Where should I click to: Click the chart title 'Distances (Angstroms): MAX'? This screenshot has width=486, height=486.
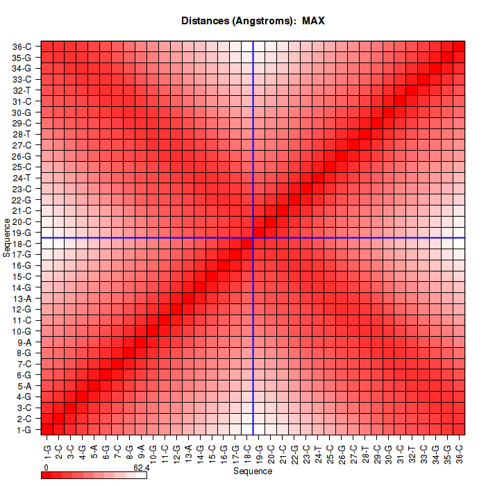[253, 21]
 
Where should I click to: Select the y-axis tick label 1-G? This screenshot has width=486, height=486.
[22, 429]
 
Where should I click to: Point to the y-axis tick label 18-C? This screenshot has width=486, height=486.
[22, 243]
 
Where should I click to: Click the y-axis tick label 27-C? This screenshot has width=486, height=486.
[22, 145]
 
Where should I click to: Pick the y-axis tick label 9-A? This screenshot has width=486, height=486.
[22, 342]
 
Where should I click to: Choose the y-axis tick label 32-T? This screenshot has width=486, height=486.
[22, 90]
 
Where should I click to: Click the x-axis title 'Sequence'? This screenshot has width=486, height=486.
[253, 471]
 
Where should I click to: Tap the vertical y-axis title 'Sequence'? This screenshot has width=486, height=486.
[6, 237]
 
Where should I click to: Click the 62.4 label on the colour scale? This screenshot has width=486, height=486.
[142, 468]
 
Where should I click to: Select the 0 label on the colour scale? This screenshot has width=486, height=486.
[45, 468]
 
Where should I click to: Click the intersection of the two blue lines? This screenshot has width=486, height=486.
[253, 238]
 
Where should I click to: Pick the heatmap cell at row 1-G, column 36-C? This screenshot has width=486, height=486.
[459, 429]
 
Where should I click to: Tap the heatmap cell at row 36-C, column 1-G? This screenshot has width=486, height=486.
[47, 47]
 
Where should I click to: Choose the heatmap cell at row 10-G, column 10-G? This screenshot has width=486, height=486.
[153, 330]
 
